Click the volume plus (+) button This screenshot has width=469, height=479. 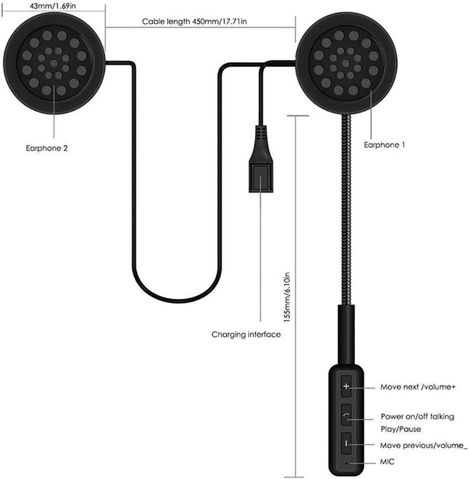click(x=346, y=386)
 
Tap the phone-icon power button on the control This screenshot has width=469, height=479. click(x=346, y=415)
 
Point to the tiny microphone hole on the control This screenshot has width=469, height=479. click(x=346, y=463)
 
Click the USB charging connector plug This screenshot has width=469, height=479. click(x=261, y=159)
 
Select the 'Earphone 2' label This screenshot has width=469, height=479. click(x=47, y=149)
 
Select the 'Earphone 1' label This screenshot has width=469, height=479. click(x=384, y=145)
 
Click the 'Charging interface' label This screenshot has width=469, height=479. click(x=246, y=335)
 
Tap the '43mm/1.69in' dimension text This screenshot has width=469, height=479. click(x=53, y=6)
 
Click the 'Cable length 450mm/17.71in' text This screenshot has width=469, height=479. click(x=195, y=21)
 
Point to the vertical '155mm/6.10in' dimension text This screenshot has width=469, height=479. click(x=287, y=297)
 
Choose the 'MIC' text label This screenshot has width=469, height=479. click(x=387, y=461)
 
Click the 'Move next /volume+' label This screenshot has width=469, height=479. click(x=418, y=387)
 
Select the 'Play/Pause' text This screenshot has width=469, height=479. click(x=401, y=429)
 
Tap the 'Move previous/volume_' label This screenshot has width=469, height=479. click(x=424, y=446)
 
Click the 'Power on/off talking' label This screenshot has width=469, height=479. click(x=417, y=416)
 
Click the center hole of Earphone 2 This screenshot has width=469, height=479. click(x=54, y=63)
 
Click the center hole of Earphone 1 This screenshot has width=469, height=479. click(x=346, y=63)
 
